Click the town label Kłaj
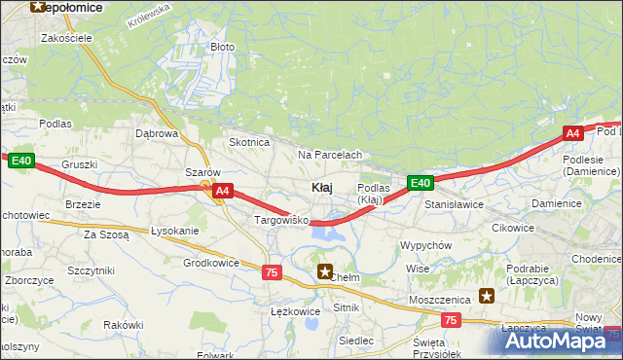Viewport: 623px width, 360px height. [324, 187]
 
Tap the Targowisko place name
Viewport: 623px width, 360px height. [281, 221]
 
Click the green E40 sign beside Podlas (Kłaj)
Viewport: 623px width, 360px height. [421, 182]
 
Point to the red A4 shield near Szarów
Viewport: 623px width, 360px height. [223, 192]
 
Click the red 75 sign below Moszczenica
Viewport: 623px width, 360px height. [450, 319]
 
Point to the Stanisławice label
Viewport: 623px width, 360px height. [454, 205]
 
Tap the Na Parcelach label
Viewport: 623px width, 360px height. [330, 155]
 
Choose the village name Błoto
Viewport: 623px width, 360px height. [223, 47]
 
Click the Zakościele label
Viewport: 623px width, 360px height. [66, 38]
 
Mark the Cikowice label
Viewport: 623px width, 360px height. [513, 228]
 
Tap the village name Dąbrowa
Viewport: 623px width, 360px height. [157, 133]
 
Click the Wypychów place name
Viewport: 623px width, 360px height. [425, 245]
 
